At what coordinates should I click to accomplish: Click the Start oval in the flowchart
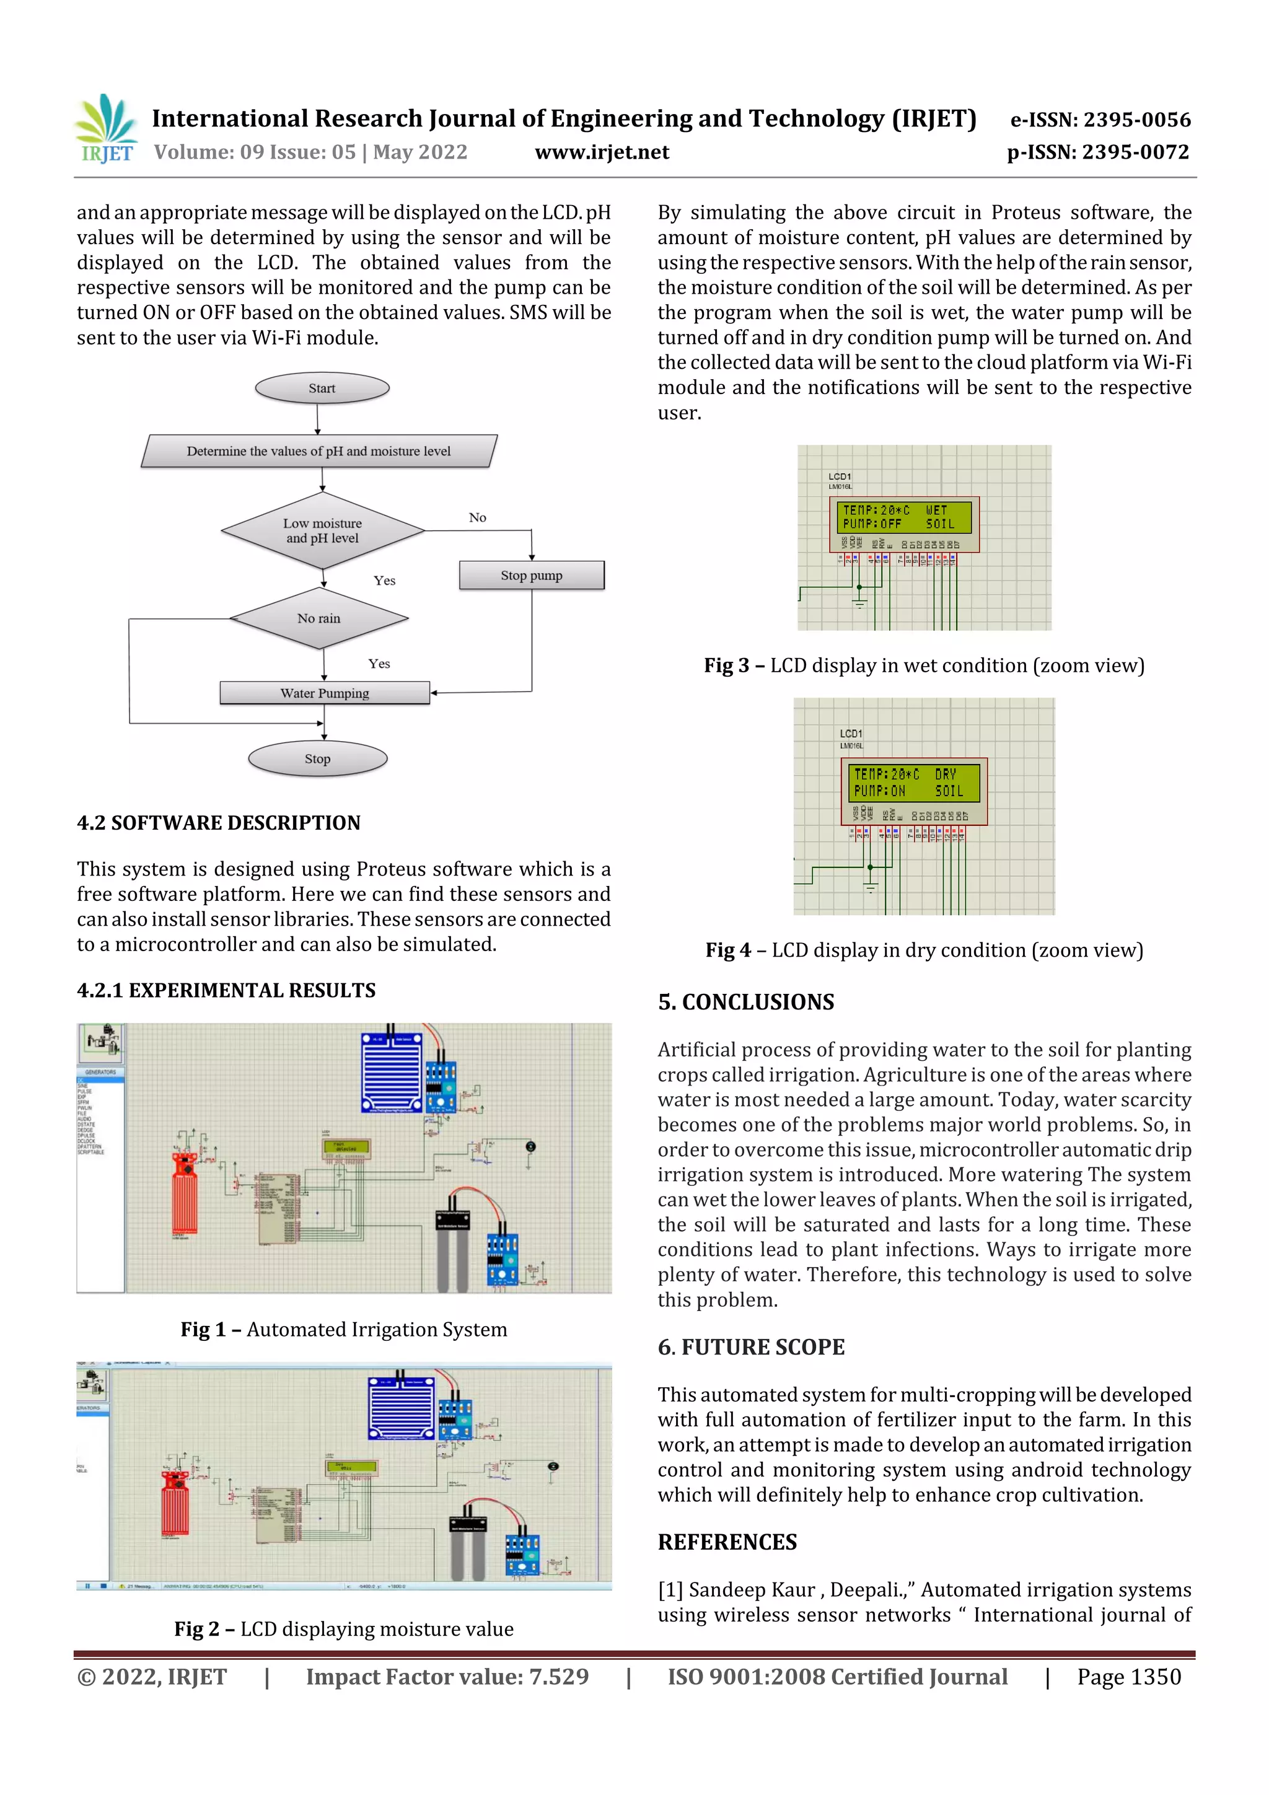pos(322,388)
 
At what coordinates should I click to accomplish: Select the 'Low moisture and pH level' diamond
pos(322,531)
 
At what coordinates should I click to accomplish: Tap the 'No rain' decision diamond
pos(319,618)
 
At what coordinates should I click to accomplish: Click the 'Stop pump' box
pos(532,576)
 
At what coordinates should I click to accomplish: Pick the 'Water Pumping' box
pos(325,693)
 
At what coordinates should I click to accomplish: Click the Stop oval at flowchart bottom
pos(317,759)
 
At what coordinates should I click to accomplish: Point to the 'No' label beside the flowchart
pos(477,517)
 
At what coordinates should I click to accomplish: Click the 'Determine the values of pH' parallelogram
pos(319,451)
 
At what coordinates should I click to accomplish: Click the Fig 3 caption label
pos(923,665)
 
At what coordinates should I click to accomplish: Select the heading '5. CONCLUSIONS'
pos(746,1003)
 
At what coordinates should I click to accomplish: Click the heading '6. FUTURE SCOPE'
pos(750,1347)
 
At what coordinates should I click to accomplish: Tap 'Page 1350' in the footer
pos(1128,1677)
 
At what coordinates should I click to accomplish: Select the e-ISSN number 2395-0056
pos(1100,120)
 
